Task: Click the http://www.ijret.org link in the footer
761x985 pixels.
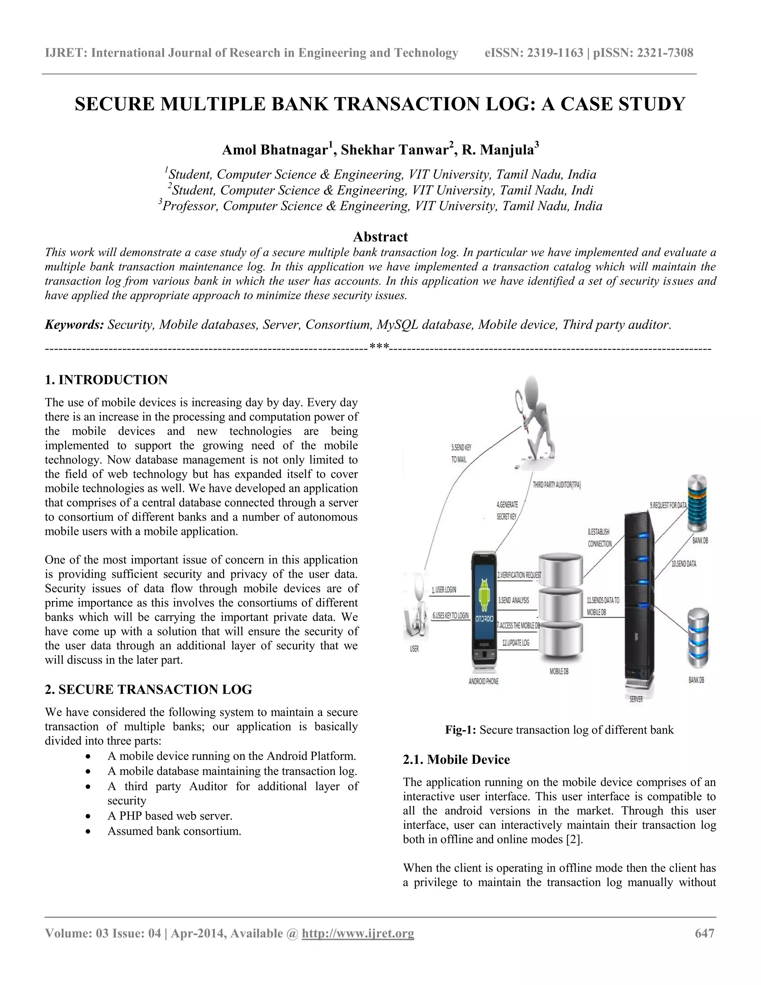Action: click(357, 933)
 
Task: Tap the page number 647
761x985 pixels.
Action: click(705, 933)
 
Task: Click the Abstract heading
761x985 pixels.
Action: click(380, 237)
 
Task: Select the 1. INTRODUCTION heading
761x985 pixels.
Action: click(106, 380)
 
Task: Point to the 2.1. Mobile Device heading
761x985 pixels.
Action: click(456, 759)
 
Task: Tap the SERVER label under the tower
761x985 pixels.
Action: click(636, 699)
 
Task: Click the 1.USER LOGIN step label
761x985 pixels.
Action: click(444, 590)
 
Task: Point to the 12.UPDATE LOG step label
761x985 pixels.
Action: click(516, 643)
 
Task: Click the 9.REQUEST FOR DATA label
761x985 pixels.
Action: click(668, 506)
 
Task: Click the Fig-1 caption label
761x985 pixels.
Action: click(460, 730)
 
